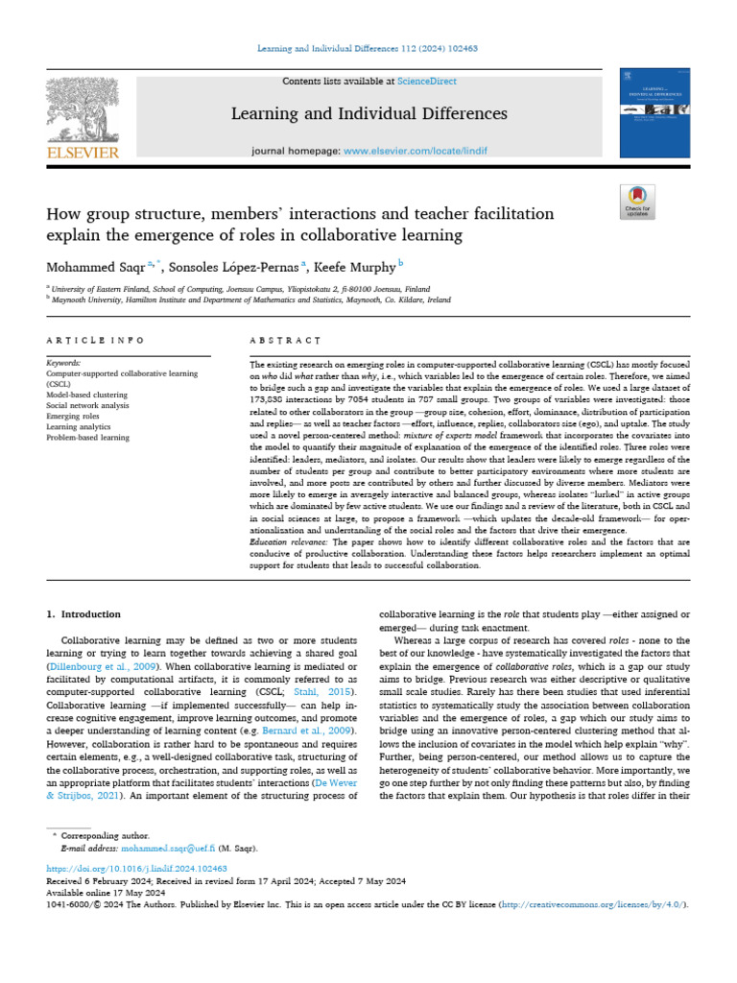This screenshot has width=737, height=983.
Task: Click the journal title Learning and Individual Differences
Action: click(x=369, y=114)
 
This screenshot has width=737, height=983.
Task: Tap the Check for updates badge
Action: click(x=636, y=201)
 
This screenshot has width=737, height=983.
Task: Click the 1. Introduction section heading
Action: click(x=84, y=613)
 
